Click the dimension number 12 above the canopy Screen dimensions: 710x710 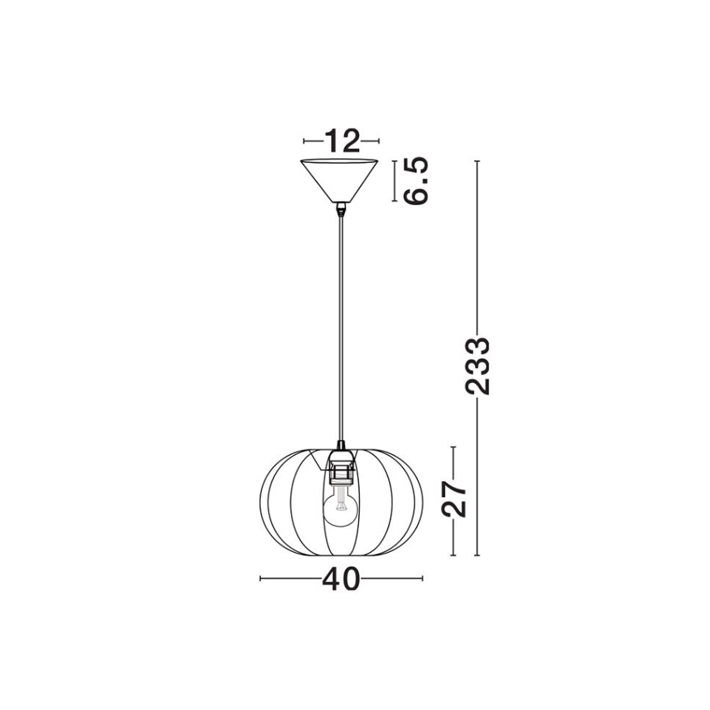341,140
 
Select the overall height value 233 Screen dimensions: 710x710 477,366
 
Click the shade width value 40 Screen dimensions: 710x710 341,578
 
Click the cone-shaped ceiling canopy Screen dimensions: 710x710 340,180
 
